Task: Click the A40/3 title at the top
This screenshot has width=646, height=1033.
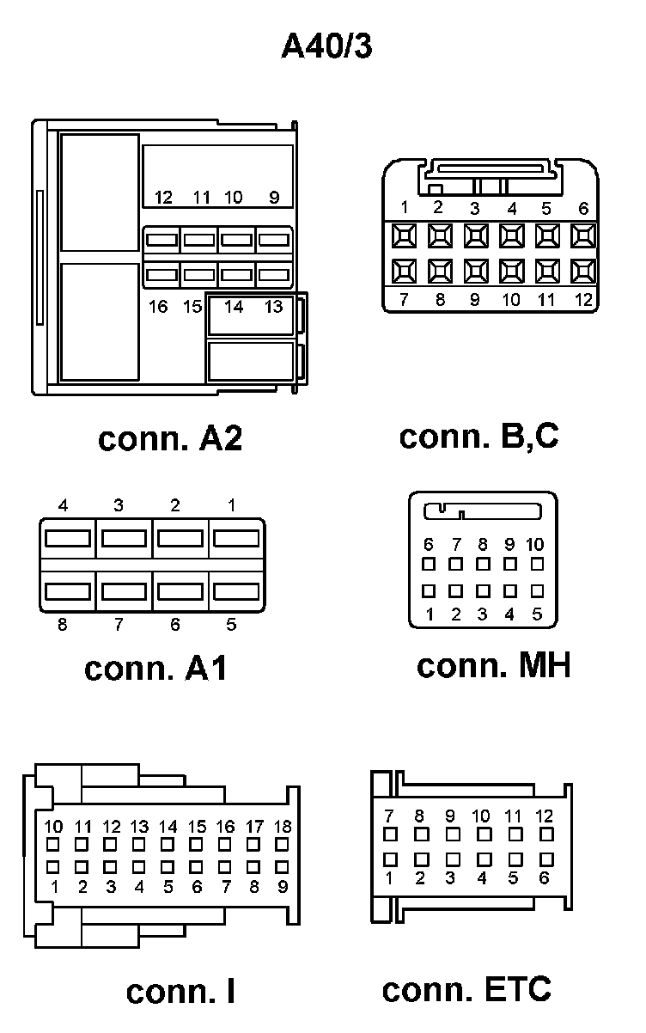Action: point(327,46)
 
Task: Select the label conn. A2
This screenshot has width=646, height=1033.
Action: point(170,438)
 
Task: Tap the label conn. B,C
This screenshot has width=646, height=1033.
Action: point(478,436)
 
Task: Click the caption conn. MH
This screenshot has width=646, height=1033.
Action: point(493,665)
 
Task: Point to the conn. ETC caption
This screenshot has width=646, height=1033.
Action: point(466,989)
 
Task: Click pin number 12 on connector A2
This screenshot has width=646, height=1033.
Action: point(163,198)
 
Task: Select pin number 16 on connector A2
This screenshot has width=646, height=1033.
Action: point(158,306)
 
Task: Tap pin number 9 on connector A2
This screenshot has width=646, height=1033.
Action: point(274,198)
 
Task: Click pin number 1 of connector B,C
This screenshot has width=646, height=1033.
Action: point(404,207)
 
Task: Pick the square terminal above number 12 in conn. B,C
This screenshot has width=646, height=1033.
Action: point(583,272)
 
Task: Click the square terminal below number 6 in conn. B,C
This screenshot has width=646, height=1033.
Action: point(583,235)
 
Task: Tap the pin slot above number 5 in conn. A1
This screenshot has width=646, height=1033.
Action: point(235,592)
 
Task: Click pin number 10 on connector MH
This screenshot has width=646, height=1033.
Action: point(534,544)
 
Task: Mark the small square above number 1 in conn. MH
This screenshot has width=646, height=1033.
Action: point(430,591)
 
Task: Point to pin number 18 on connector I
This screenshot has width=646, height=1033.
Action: point(281,827)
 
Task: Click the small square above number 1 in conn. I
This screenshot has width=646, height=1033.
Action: point(53,866)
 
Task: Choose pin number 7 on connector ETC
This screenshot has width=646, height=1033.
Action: point(389,816)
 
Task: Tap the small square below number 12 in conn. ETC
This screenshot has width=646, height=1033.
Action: point(545,834)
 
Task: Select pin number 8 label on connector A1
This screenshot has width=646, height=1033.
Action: point(62,625)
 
